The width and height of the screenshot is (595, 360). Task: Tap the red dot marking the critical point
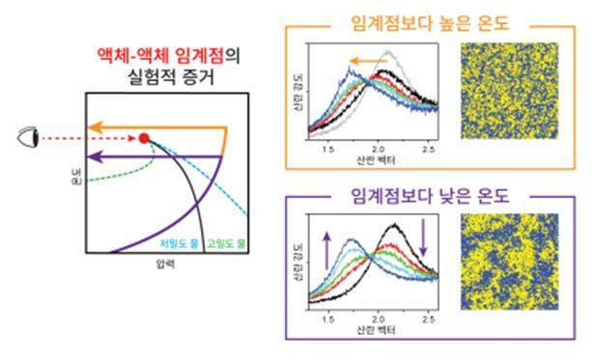(x=143, y=139)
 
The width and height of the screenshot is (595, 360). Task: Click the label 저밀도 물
(x=179, y=243)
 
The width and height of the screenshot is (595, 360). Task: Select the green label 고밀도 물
(x=224, y=243)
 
